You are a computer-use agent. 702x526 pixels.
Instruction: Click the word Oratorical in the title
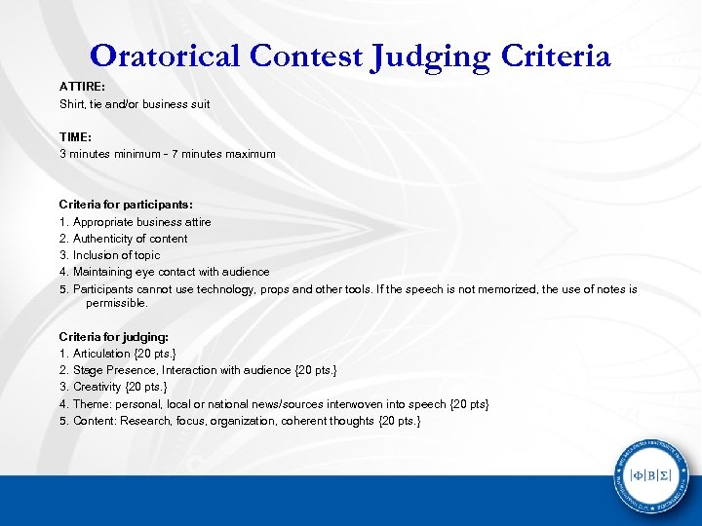(x=166, y=56)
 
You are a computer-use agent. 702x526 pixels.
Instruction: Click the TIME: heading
(x=75, y=137)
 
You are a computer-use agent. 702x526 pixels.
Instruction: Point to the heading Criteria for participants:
(x=126, y=205)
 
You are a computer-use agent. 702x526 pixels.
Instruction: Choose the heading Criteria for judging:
(x=113, y=336)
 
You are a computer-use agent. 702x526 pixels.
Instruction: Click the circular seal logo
(x=649, y=475)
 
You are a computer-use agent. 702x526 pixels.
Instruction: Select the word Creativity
(x=100, y=387)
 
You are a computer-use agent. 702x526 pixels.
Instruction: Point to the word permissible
(x=116, y=303)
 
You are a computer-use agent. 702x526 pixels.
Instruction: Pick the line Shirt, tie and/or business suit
(x=135, y=103)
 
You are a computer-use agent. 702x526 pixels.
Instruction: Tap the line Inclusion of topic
(x=117, y=255)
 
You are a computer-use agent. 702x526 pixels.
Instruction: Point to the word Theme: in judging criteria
(x=93, y=403)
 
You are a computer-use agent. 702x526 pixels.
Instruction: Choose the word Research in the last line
(x=145, y=421)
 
